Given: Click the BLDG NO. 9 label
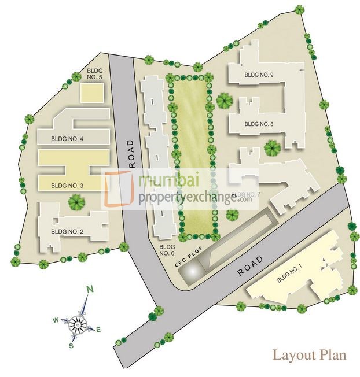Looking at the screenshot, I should [x=259, y=75].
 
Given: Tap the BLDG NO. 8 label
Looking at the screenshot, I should [x=259, y=124].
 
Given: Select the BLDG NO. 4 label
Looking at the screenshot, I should [x=67, y=139].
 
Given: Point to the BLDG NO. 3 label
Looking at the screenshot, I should [x=67, y=186].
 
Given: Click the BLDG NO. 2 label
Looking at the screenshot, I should [x=67, y=232].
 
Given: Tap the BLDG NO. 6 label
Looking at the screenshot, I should [x=167, y=249].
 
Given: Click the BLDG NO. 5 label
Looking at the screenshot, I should [x=94, y=73].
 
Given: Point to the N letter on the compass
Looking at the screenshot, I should [x=90, y=289].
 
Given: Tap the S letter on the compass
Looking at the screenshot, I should [x=71, y=345].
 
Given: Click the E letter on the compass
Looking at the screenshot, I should [x=98, y=330].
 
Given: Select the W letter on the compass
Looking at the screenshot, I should [x=56, y=319].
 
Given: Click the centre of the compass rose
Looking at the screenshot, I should [x=77, y=325].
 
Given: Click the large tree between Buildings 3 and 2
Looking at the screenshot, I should [x=76, y=202].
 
